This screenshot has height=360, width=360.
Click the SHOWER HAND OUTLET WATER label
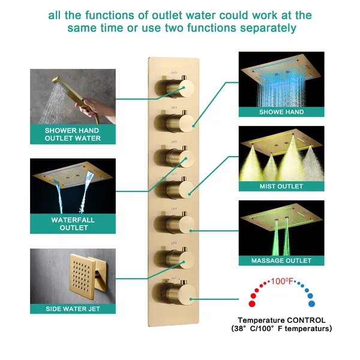click(x=73, y=134)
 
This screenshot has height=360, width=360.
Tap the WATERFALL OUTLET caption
click(x=73, y=224)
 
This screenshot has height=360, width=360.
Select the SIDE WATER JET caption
click(x=73, y=309)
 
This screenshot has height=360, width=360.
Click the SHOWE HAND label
click(x=281, y=112)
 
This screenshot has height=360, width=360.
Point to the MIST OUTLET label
click(x=281, y=187)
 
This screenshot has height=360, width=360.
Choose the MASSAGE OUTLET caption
click(x=281, y=261)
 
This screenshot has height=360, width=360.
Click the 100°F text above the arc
click(x=281, y=281)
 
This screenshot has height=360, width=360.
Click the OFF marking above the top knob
click(x=174, y=73)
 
